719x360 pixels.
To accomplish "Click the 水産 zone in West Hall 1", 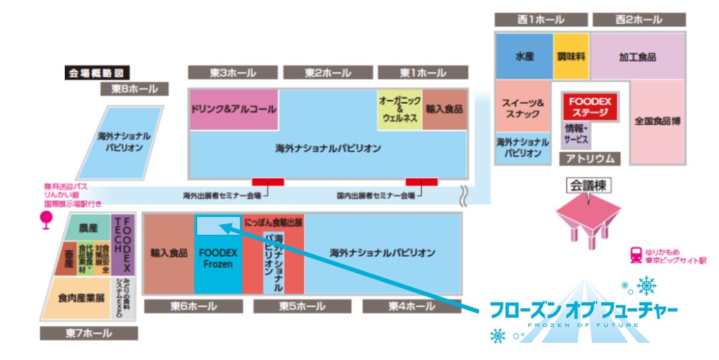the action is (x=524, y=56).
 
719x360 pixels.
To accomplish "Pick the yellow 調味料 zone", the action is (x=571, y=56).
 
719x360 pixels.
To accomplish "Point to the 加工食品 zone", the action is (x=637, y=56).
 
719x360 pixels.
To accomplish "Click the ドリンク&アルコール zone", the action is (x=233, y=110).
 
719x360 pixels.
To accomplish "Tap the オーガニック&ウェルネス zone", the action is (x=399, y=110).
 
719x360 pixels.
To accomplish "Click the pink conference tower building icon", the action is (x=588, y=217).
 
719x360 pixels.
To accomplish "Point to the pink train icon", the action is (x=636, y=255).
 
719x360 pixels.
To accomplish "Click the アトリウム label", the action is (x=589, y=158).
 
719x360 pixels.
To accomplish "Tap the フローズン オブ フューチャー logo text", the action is (x=583, y=310).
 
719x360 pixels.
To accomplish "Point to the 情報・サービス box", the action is (x=577, y=134).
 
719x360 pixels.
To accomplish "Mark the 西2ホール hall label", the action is (x=639, y=19).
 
